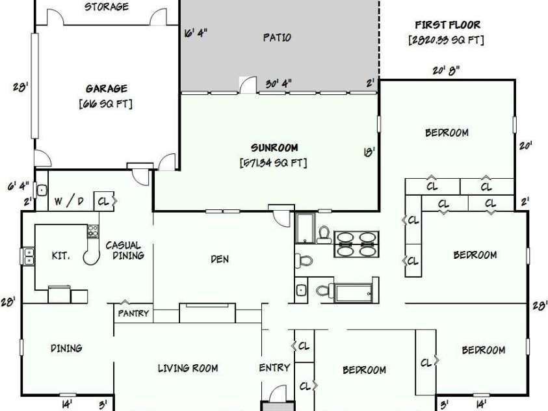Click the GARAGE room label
[107, 88]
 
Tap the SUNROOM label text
[274, 148]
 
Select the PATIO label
[277, 38]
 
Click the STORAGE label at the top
[106, 7]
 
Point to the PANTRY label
[133, 313]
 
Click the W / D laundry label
[69, 202]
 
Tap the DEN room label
[220, 259]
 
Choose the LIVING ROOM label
[188, 368]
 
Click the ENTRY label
[274, 367]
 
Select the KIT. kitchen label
[60, 256]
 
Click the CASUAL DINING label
[125, 250]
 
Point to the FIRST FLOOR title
[447, 25]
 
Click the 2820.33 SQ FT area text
[447, 40]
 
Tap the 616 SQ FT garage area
[106, 104]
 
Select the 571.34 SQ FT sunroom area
[273, 163]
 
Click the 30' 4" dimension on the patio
[278, 84]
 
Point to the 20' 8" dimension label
[445, 71]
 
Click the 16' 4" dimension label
[196, 33]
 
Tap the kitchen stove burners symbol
[93, 232]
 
